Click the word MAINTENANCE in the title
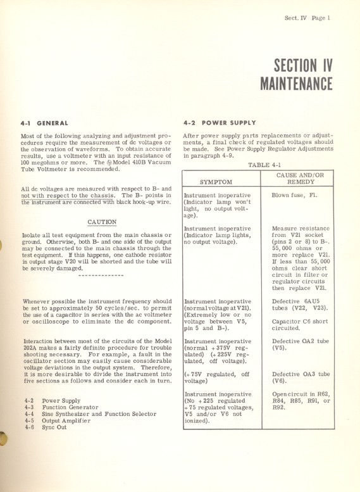pos(296,84)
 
